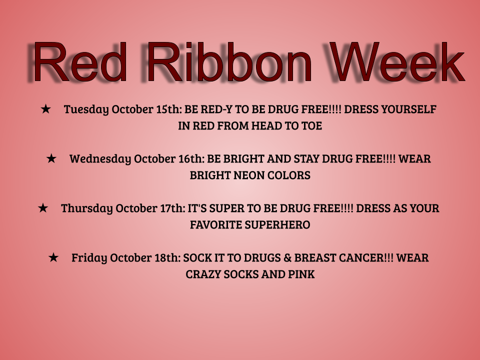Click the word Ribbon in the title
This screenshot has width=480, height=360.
pos(229,62)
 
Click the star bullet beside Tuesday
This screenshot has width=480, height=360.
pos(45,108)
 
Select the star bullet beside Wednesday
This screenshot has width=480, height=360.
pos(51,158)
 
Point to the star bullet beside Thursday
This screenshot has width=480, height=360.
pos(43,208)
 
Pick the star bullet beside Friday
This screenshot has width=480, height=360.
pos(53,257)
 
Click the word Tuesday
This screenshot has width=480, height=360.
pos(86,109)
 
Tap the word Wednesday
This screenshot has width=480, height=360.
pos(100,159)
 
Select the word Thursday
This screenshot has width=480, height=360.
pos(87,209)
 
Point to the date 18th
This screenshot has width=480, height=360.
pos(168,258)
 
